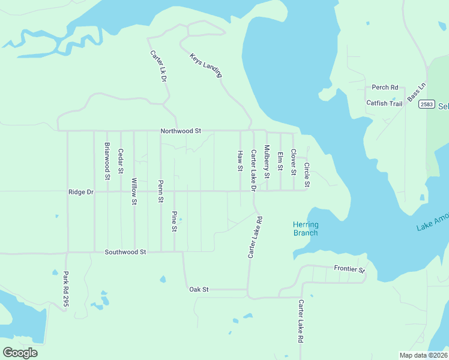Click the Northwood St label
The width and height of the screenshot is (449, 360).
coord(180,131)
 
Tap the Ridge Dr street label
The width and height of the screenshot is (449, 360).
coord(81,192)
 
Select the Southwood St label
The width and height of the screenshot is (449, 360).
coord(125,253)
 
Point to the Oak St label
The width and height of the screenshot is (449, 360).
coord(199,289)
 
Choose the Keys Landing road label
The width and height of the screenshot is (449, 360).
coord(206,65)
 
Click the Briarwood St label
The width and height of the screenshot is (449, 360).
coord(107,161)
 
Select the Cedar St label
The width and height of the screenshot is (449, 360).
coord(121,161)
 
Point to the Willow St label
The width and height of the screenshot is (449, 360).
coord(134,191)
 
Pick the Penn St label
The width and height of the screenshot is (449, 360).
coord(161,191)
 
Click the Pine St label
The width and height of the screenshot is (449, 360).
coord(174,221)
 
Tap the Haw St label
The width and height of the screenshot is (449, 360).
coord(240,161)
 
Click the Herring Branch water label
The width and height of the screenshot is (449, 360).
coord(306,229)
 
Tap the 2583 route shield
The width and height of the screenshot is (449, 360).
coord(426,104)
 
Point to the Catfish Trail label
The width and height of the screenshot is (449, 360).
coord(384,103)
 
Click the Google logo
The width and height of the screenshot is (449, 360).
coord(20,352)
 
